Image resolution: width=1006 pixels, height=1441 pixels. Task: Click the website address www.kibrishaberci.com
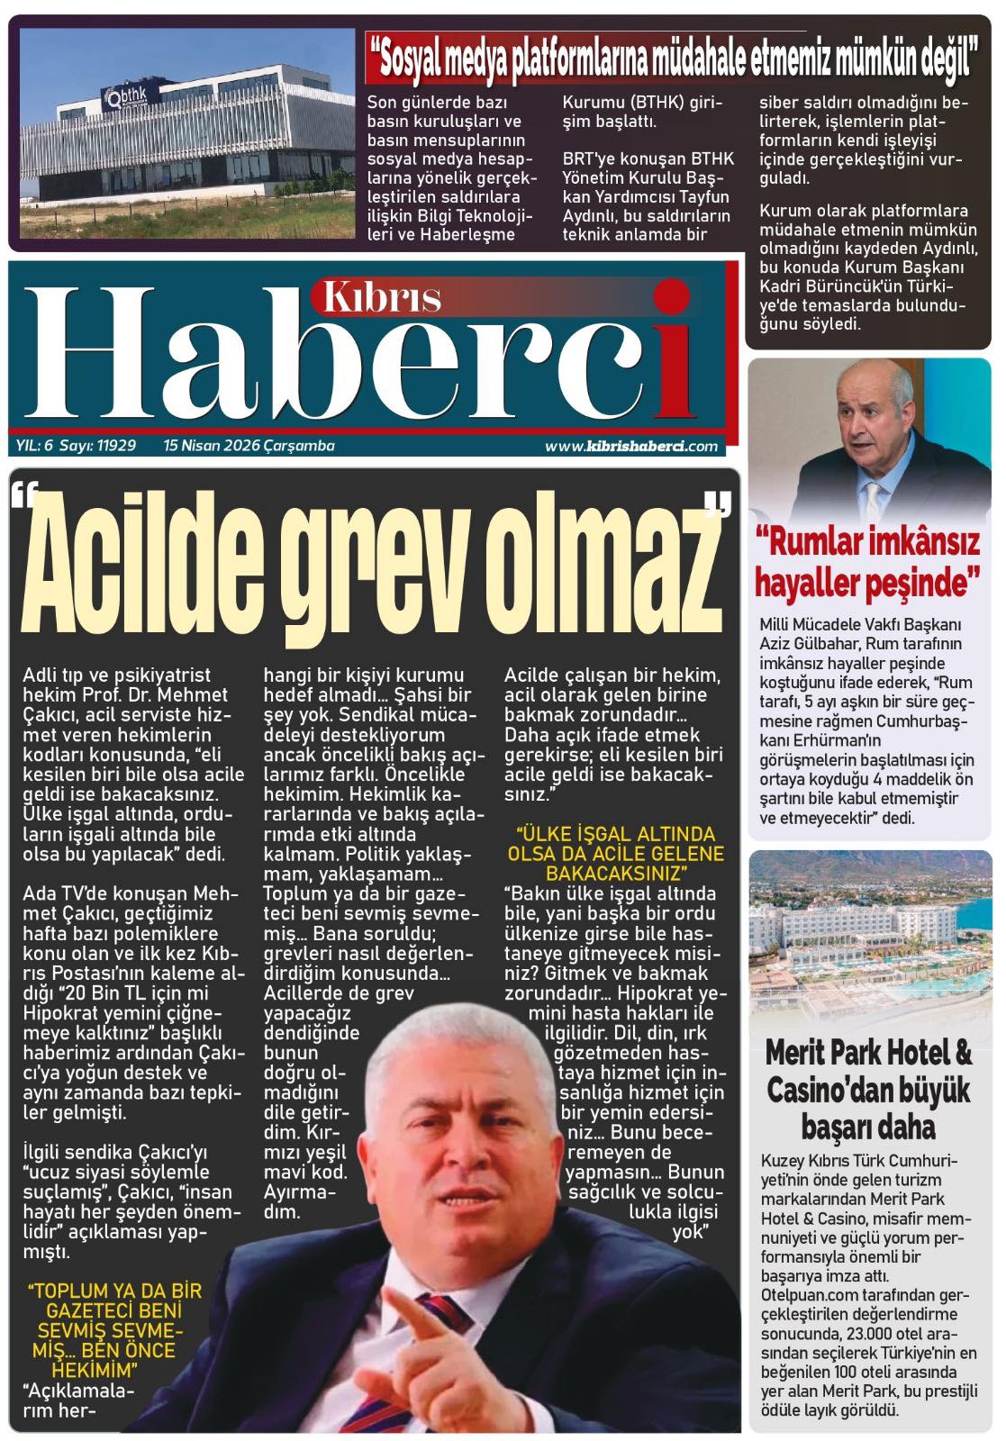(x=630, y=446)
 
